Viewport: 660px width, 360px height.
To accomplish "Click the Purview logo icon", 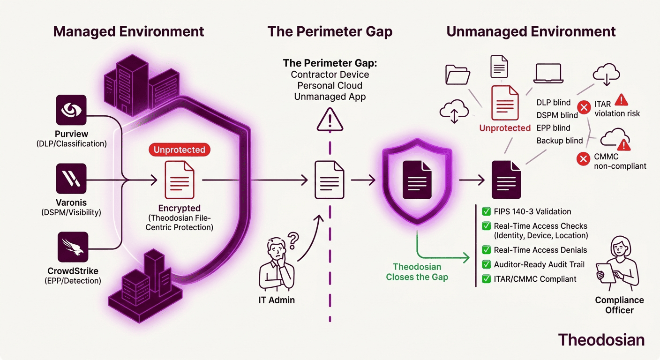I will (x=71, y=110).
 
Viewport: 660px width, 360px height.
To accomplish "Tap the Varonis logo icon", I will (x=71, y=179).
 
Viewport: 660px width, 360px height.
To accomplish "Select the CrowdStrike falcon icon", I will (x=72, y=247).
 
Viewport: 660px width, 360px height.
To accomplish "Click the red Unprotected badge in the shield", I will (x=180, y=150).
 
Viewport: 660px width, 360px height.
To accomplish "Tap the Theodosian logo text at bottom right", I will (x=601, y=339).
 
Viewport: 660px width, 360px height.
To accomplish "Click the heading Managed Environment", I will (x=128, y=31).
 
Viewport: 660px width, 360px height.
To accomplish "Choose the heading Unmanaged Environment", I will (x=531, y=31).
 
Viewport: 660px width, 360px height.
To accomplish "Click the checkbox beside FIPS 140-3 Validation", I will (x=486, y=212).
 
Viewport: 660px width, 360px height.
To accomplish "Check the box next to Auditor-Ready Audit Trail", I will (x=486, y=264).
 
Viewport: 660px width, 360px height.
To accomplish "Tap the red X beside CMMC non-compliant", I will (x=583, y=159).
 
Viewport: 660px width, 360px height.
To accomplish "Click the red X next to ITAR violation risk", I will (x=584, y=108).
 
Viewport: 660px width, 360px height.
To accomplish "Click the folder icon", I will (x=458, y=73).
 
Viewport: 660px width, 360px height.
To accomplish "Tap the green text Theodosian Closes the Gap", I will (x=417, y=272).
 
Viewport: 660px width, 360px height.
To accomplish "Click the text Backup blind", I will (x=560, y=141).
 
